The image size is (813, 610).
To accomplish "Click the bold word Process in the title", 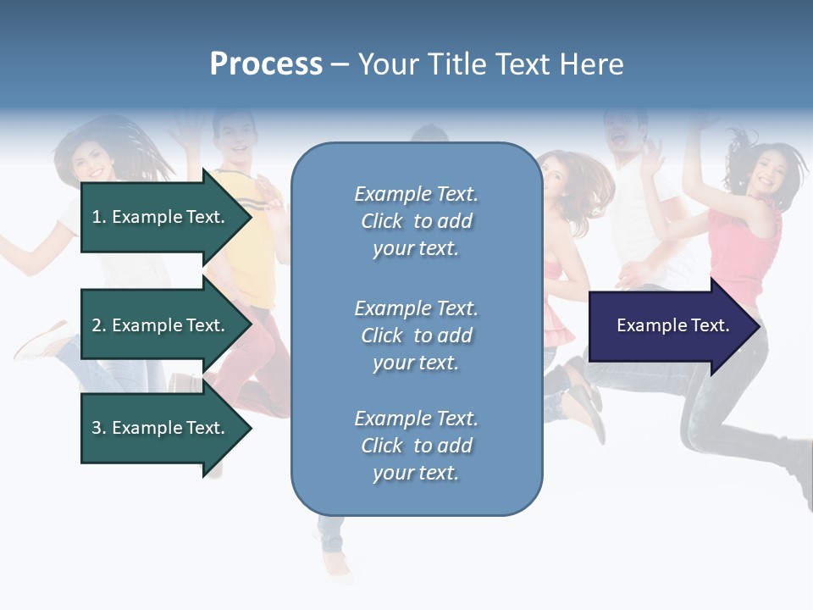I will pos(266,64).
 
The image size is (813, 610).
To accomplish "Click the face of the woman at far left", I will pos(91,161).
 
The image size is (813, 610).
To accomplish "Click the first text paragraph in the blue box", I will pos(416,221).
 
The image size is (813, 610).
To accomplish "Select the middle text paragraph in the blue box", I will pos(416,335).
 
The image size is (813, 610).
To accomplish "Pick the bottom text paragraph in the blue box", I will pos(416,446).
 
